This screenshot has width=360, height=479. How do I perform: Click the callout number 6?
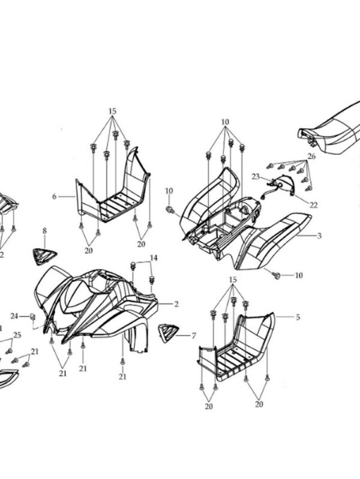[54, 196]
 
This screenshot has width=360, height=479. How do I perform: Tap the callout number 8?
[44, 231]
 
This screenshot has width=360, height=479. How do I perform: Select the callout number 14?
[154, 258]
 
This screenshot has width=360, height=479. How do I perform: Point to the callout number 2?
[176, 304]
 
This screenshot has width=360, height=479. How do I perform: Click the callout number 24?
[14, 315]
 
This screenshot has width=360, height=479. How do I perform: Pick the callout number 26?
[311, 156]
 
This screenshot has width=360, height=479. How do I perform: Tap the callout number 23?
[255, 176]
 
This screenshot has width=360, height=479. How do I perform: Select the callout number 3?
[319, 236]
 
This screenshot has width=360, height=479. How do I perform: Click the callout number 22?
[313, 204]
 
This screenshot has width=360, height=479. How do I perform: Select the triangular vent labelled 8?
[44, 256]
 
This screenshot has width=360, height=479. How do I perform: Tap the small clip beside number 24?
[33, 316]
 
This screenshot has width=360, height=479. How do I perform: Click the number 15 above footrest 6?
[112, 112]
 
